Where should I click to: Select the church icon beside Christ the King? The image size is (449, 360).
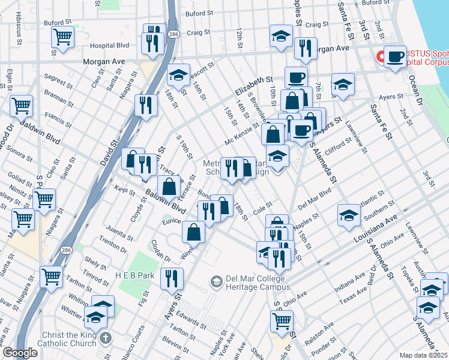[106, 337]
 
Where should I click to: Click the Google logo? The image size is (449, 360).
[20, 353]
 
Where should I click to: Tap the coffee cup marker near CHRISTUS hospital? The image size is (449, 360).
[395, 58]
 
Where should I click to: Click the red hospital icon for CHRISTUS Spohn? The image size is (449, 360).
[380, 57]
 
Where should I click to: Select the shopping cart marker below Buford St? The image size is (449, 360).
[63, 37]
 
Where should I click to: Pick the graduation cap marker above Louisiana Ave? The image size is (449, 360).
[349, 215]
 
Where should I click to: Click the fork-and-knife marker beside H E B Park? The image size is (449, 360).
[172, 278]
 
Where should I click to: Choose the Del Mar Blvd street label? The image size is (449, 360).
[315, 199]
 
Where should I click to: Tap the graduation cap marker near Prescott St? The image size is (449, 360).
[178, 76]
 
